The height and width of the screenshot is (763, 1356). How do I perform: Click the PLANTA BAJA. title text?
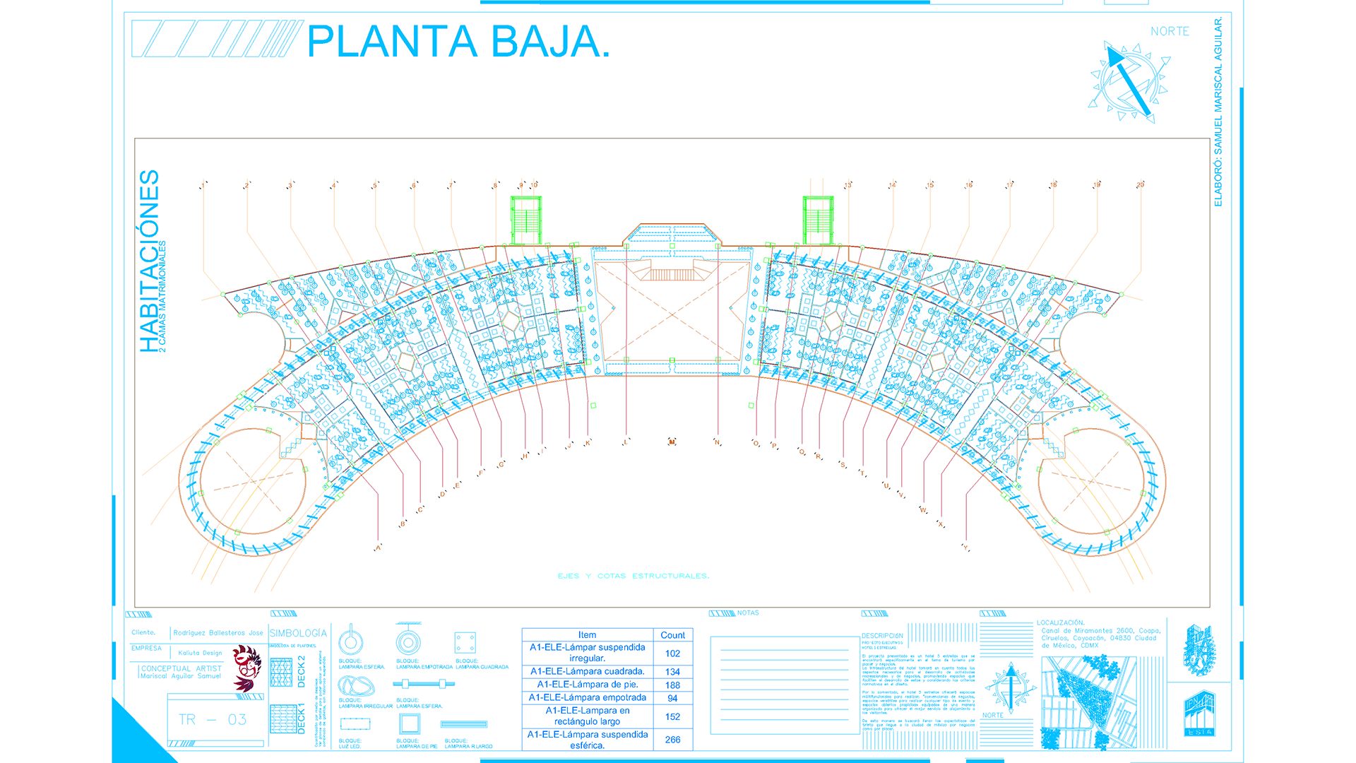point(458,42)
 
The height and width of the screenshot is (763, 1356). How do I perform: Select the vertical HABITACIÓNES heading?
point(150,261)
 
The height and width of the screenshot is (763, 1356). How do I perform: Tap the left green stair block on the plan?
point(525,220)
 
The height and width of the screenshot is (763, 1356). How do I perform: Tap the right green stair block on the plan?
point(818,220)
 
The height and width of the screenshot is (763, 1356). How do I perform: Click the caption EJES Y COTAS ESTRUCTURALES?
point(633,576)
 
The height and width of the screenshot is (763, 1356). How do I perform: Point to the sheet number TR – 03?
point(213,719)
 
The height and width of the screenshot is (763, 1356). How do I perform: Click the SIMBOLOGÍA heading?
point(298,634)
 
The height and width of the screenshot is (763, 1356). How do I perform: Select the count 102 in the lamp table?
point(672,653)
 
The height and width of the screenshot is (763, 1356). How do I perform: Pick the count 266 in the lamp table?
point(672,739)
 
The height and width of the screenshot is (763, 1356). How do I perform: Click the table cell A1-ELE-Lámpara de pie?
point(587,685)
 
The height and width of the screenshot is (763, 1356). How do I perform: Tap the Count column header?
point(672,635)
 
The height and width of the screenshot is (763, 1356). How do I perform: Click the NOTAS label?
point(748,613)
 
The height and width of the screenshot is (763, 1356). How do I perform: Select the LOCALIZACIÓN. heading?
point(1060,622)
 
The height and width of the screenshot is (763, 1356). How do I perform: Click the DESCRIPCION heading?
point(881,636)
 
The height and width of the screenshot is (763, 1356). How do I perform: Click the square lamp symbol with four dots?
point(465,643)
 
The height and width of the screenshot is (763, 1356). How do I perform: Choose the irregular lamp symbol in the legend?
point(356,685)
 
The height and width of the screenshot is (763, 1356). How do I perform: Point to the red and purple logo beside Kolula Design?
point(246,668)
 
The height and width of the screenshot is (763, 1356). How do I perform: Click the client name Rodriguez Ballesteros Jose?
point(218,633)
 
